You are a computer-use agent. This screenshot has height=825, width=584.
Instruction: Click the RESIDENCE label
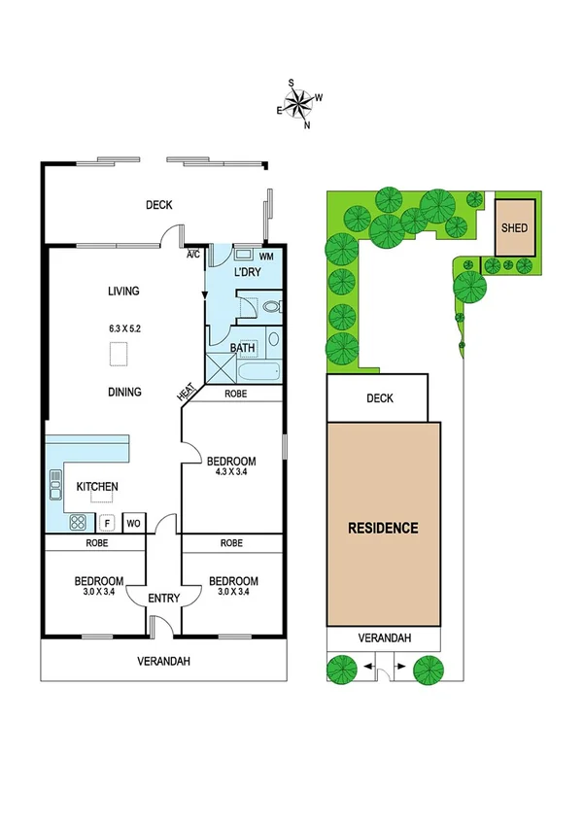pyautogui.click(x=384, y=529)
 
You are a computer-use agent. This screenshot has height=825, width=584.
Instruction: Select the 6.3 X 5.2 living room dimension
pyautogui.click(x=124, y=328)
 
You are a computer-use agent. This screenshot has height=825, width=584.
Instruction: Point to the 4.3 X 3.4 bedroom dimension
pyautogui.click(x=230, y=474)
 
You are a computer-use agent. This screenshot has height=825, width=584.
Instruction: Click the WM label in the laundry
pyautogui.click(x=266, y=257)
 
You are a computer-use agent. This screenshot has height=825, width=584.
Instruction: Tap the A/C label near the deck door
pyautogui.click(x=193, y=256)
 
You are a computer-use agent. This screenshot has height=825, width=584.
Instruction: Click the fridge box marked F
pyautogui.click(x=107, y=523)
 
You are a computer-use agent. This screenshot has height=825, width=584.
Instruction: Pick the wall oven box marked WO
pyautogui.click(x=134, y=523)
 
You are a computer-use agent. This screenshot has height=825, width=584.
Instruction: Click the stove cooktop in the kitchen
pyautogui.click(x=78, y=523)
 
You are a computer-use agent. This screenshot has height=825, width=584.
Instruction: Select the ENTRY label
pyautogui.click(x=163, y=599)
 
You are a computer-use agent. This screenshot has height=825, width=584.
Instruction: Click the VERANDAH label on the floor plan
pyautogui.click(x=162, y=662)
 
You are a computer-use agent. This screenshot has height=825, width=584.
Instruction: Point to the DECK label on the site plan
pyautogui.click(x=377, y=398)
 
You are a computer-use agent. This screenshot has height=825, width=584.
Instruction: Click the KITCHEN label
pyautogui.click(x=97, y=487)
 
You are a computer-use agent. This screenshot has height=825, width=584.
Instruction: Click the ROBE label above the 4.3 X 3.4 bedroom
pyautogui.click(x=235, y=395)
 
